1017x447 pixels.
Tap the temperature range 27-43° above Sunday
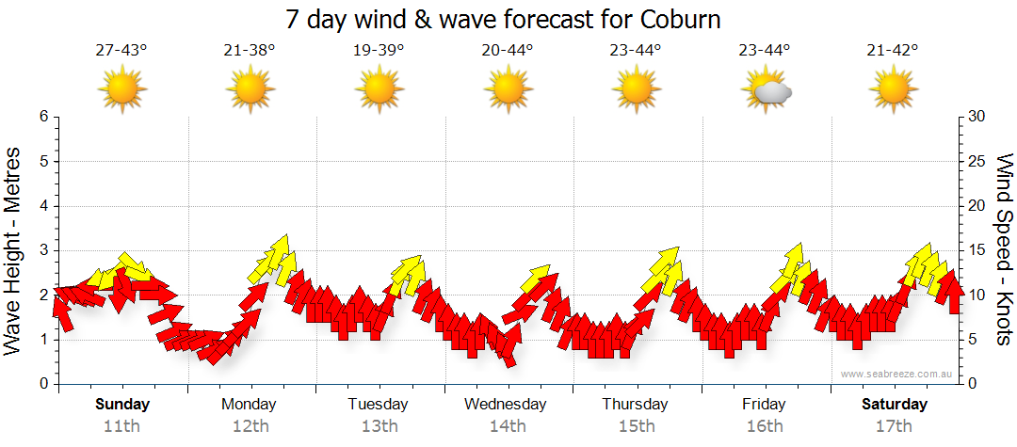[x=121, y=51]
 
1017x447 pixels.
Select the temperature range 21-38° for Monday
[x=250, y=51]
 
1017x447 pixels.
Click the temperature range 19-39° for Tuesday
[x=379, y=51]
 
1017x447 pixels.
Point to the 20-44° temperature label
[x=507, y=51]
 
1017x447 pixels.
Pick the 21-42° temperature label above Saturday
[x=893, y=51]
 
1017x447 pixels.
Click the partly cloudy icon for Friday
[x=766, y=90]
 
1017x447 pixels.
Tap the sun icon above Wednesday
[x=508, y=90]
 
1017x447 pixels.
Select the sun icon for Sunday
[x=122, y=90]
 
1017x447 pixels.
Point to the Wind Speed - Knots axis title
[x=1003, y=249]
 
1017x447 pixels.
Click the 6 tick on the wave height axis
[x=43, y=117]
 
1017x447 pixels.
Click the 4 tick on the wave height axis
[x=43, y=206]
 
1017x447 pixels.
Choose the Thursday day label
[x=636, y=405]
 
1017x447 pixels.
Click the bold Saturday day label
[x=895, y=405]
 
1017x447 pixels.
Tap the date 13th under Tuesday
[x=379, y=425]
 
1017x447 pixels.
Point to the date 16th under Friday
[x=764, y=425]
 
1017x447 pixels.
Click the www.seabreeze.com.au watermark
[x=897, y=374]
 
